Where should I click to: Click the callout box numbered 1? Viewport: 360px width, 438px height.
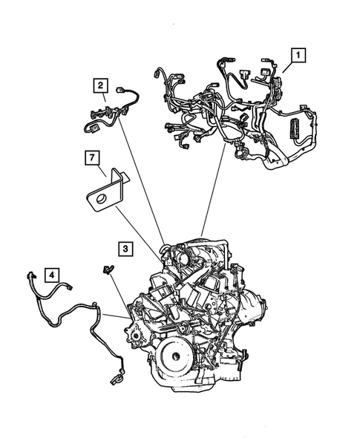click(298, 54)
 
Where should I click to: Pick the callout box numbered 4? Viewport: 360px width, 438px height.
click(51, 275)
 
